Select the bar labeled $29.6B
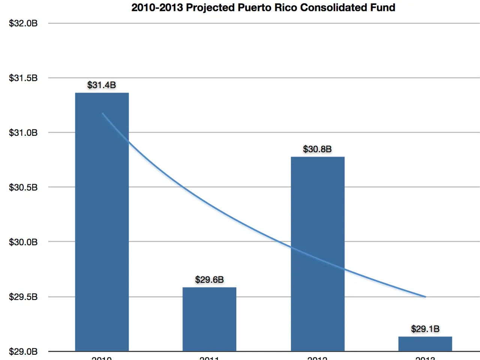[209, 319]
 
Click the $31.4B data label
[102, 85]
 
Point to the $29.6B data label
[209, 280]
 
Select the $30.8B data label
[317, 149]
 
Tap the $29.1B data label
[425, 329]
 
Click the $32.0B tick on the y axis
[23, 23]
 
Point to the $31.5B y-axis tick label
[23, 78]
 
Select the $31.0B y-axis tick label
[23, 133]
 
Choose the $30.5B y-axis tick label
[23, 187]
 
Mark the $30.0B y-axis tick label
[23, 242]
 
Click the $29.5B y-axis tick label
[23, 297]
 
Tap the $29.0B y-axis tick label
[23, 351]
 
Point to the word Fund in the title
[382, 7]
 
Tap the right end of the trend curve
[425, 297]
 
